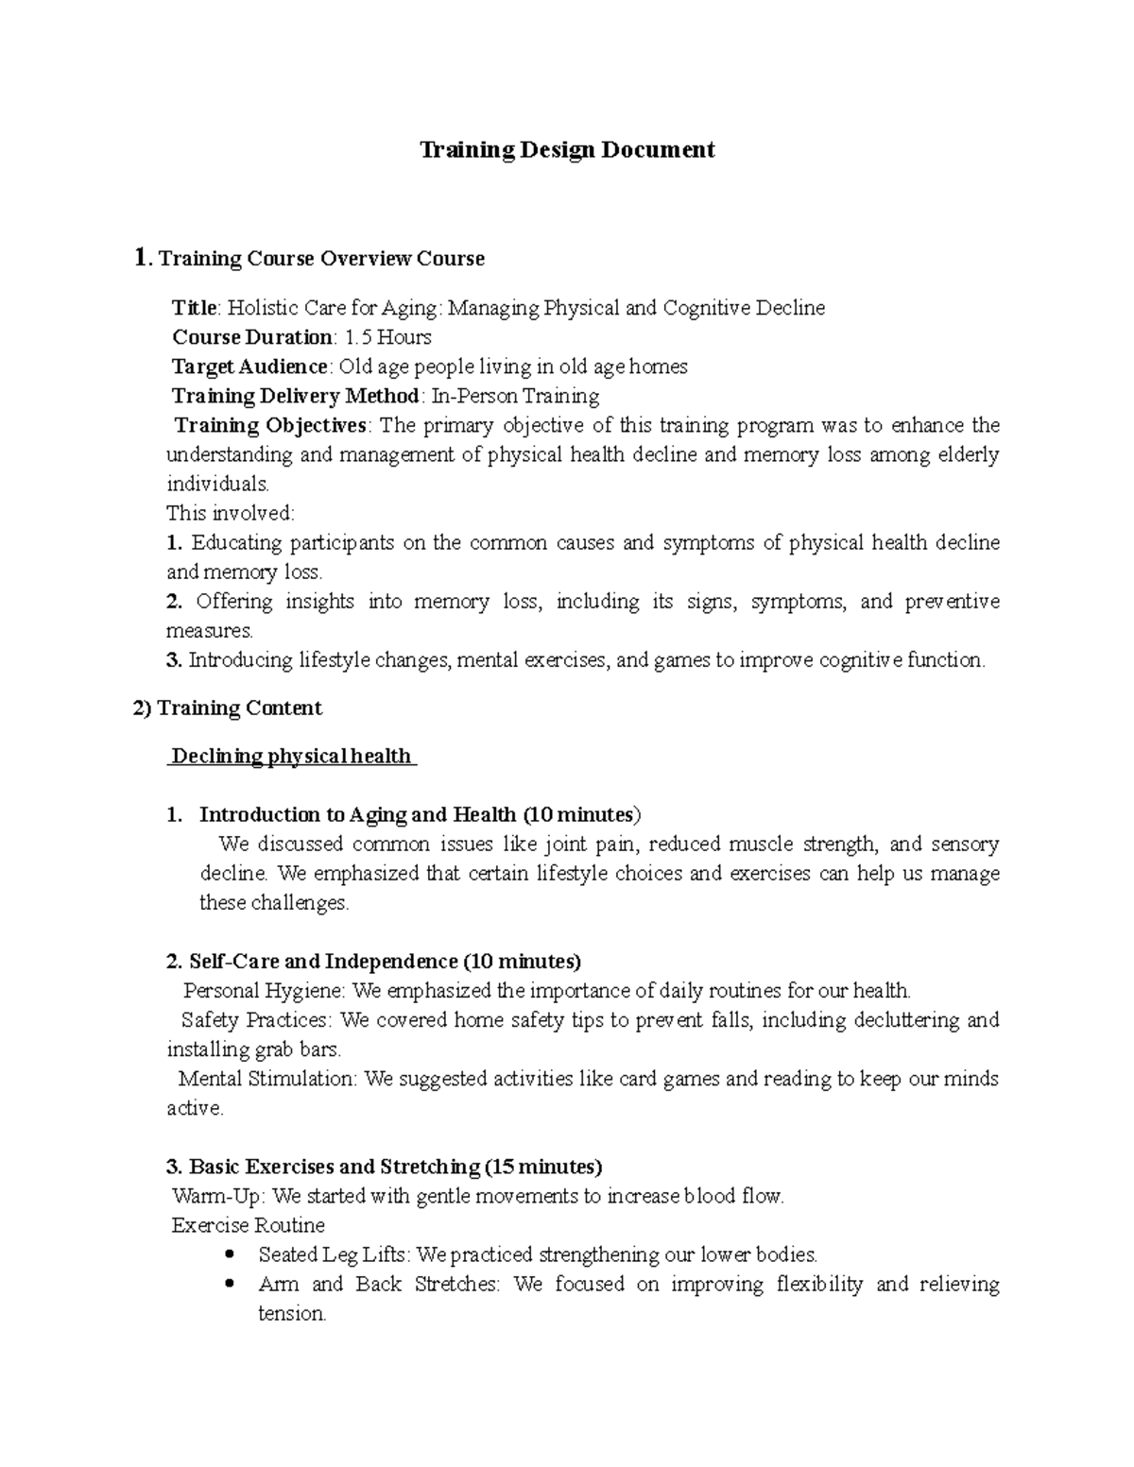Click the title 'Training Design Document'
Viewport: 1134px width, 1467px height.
[567, 150]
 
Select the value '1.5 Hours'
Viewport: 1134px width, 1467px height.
[388, 337]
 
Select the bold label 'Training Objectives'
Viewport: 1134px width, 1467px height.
[271, 425]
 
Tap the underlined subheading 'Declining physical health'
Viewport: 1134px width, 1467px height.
[291, 756]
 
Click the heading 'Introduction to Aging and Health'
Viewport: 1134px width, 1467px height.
[357, 814]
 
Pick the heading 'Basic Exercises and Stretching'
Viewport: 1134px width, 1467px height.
[335, 1167]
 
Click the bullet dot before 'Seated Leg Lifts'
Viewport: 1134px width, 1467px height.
[231, 1254]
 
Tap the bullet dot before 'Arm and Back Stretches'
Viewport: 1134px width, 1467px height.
[231, 1284]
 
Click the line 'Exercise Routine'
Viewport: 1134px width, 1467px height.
[248, 1225]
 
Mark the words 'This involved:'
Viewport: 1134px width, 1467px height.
[231, 514]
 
